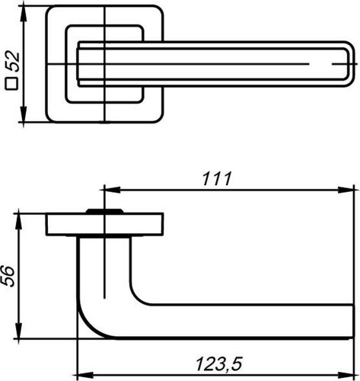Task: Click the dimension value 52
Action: (13, 61)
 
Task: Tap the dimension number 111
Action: (217, 178)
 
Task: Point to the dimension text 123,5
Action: (219, 364)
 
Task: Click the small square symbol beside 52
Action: (11, 84)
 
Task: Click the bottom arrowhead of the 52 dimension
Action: (24, 114)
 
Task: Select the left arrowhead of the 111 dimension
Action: (112, 190)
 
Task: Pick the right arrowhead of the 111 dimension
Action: (346, 190)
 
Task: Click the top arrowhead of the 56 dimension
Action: (18, 222)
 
